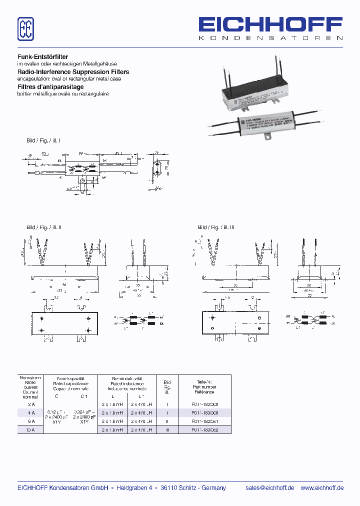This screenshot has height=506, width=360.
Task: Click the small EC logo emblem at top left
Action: (26, 29)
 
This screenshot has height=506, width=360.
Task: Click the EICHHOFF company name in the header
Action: (270, 25)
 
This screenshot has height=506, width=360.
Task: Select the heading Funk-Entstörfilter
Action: (43, 57)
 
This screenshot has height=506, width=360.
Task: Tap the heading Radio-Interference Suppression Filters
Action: (73, 72)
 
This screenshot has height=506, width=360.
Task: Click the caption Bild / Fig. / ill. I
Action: (43, 140)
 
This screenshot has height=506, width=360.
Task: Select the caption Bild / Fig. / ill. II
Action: (44, 227)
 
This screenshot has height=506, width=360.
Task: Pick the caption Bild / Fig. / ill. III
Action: (216, 227)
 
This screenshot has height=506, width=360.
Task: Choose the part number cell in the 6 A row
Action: (204, 421)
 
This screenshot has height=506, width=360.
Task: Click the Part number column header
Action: (204, 387)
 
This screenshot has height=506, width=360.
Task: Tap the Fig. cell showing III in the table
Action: (167, 429)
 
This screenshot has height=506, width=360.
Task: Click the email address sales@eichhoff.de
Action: (269, 488)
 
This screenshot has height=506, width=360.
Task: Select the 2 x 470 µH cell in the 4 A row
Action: (141, 412)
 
